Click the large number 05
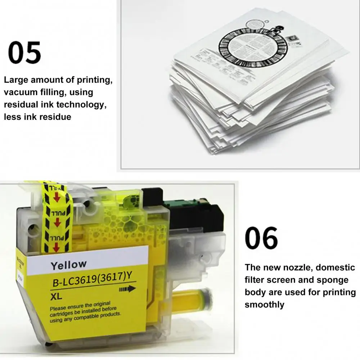[x=24, y=53]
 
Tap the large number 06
[x=261, y=238]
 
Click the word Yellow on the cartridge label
[x=68, y=265]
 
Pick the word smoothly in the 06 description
[x=265, y=305]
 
